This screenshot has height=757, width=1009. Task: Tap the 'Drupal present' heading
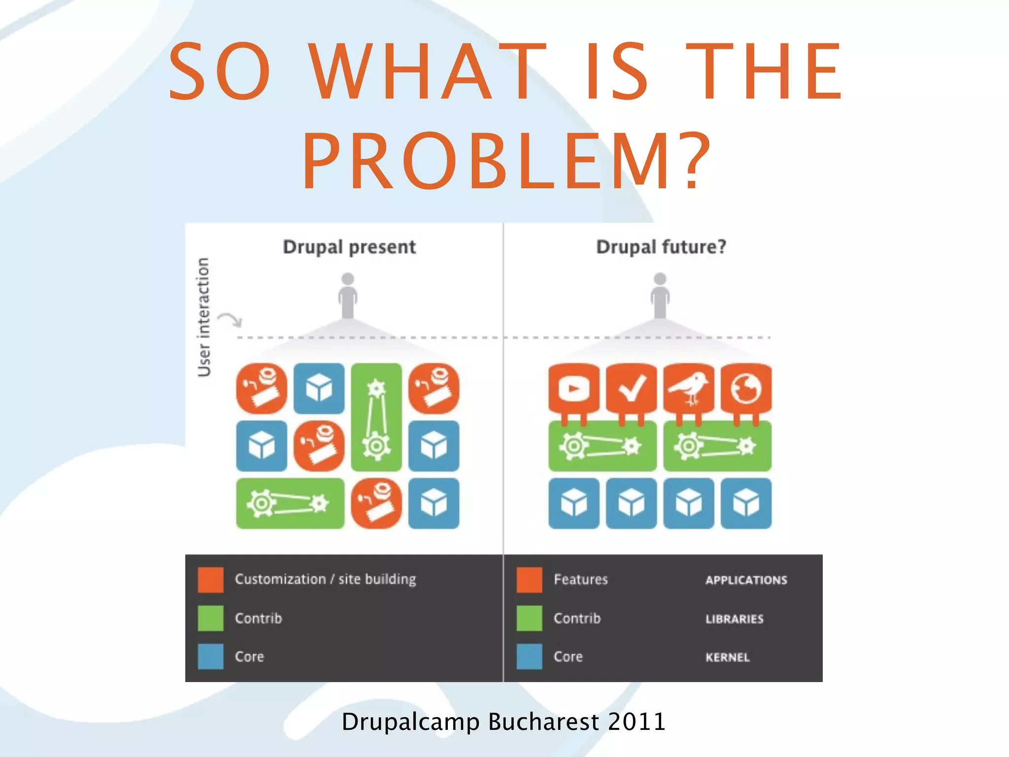pos(349,247)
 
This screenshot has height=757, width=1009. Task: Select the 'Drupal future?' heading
pos(661,247)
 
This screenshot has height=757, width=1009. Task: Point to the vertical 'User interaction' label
pos(203,317)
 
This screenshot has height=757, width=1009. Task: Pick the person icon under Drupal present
pos(348,296)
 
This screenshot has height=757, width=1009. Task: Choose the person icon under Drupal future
pos(660,296)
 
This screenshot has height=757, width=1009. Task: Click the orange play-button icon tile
pos(574,389)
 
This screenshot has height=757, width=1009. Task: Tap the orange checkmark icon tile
pos(631,389)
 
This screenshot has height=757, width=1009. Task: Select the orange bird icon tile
pos(689,389)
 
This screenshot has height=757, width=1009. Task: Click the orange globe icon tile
pos(746,389)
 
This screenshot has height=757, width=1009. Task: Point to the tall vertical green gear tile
pos(376,417)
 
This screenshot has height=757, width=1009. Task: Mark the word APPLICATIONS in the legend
pos(746,580)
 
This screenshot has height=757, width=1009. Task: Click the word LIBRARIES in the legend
pos(734,619)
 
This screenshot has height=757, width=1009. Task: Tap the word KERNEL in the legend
pos(727,657)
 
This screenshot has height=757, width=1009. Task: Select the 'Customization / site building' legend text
pos(325,579)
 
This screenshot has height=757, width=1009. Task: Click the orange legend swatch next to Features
pos(529,580)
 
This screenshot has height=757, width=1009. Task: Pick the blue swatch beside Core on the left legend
pos(210,656)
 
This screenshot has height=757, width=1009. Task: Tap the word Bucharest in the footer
pos(543,722)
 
